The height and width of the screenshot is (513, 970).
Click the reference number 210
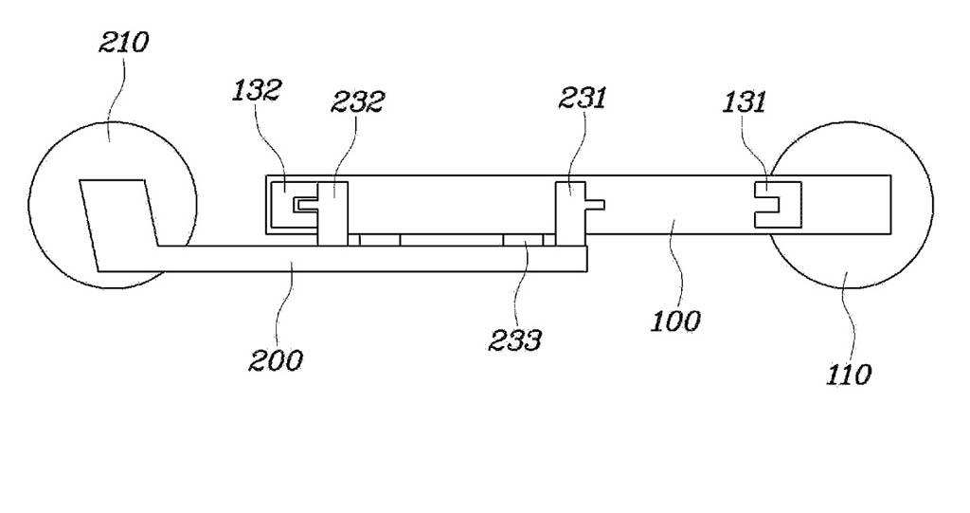[x=124, y=42]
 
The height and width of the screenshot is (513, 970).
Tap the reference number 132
[x=258, y=90]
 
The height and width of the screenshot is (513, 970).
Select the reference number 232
[x=357, y=101]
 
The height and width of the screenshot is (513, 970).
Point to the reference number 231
[x=583, y=98]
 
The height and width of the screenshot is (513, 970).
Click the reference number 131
[x=745, y=101]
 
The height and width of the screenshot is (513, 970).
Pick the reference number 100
[x=676, y=321]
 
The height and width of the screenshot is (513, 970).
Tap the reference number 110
[x=849, y=374]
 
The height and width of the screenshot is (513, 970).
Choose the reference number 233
[x=514, y=339]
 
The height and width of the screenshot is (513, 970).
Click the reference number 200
[x=276, y=359]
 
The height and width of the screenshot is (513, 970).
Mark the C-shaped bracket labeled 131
[x=778, y=205]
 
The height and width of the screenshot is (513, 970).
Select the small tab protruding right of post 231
[x=595, y=204]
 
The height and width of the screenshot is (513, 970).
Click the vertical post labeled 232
[x=332, y=213]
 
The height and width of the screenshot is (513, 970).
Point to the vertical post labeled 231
[x=570, y=213]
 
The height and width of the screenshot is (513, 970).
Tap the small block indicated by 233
[x=523, y=240]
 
